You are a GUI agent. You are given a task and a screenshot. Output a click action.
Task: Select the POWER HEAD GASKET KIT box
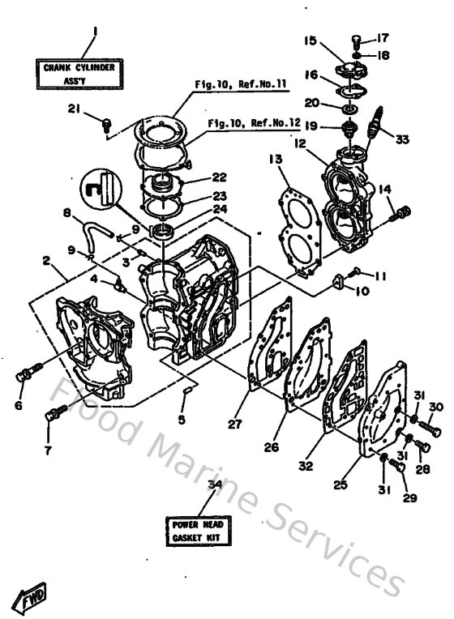coord(196,531)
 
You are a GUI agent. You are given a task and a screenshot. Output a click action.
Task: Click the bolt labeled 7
coord(54,416)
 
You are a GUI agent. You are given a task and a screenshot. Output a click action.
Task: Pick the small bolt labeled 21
coord(105,124)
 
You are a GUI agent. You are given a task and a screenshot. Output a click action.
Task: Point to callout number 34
coord(214,485)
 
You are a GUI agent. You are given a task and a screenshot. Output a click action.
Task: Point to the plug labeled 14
coord(398,215)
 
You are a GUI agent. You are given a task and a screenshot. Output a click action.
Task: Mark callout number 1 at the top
coord(94,32)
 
